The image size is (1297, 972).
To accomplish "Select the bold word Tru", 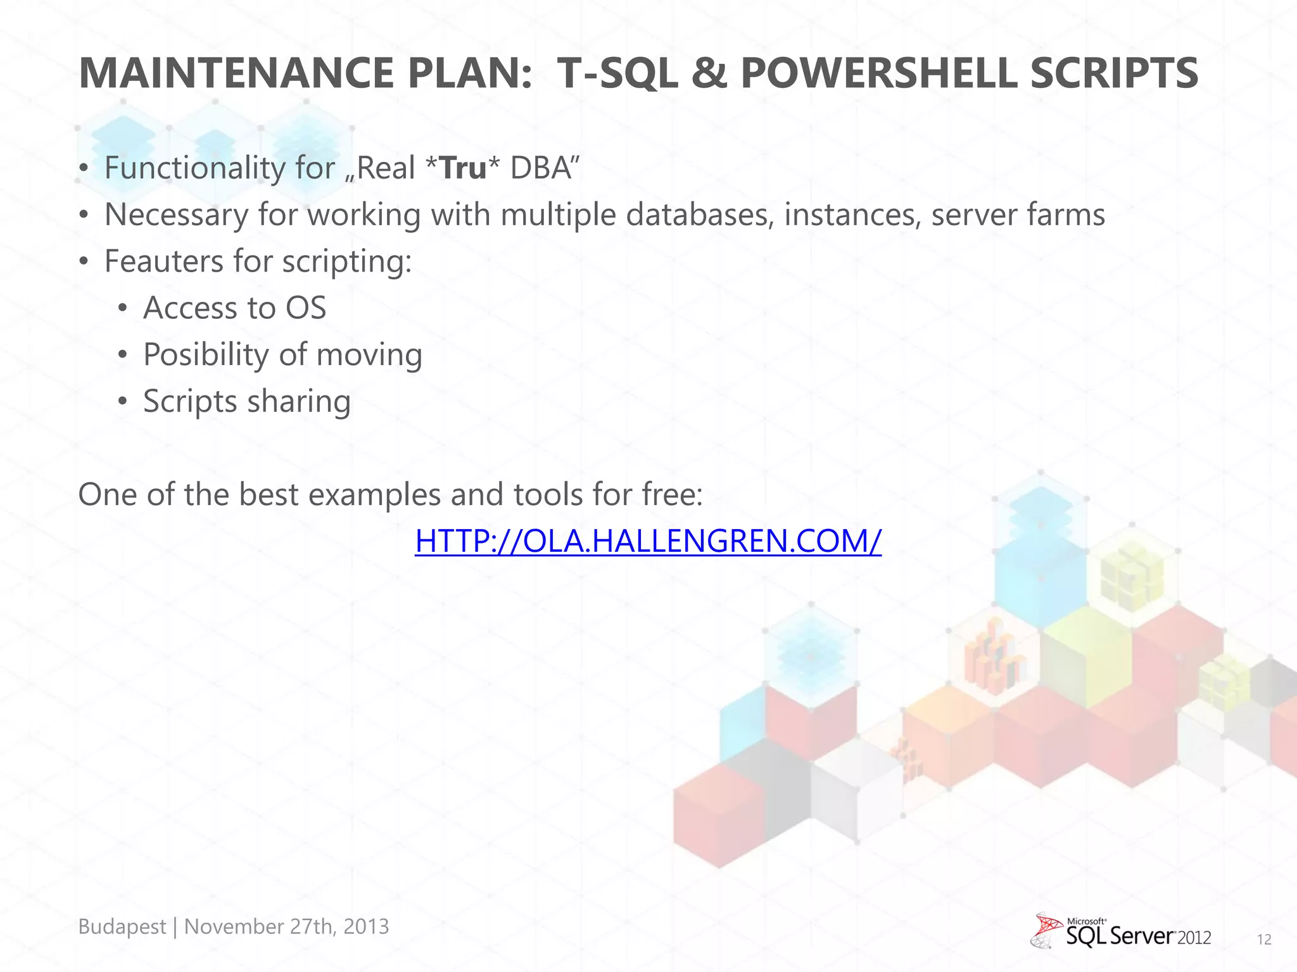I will point(462,168).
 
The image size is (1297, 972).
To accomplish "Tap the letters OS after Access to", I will point(306,308).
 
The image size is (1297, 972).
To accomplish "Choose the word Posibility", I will point(205,355).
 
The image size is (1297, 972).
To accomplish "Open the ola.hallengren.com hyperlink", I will point(648,541).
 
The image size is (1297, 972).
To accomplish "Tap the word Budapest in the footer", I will point(122,926).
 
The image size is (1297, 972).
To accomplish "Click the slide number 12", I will point(1264,940).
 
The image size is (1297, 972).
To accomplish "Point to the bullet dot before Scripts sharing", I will point(123,402).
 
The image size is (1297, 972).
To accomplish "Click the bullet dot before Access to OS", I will point(123,309).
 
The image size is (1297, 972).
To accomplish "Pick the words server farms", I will point(1018,215).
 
